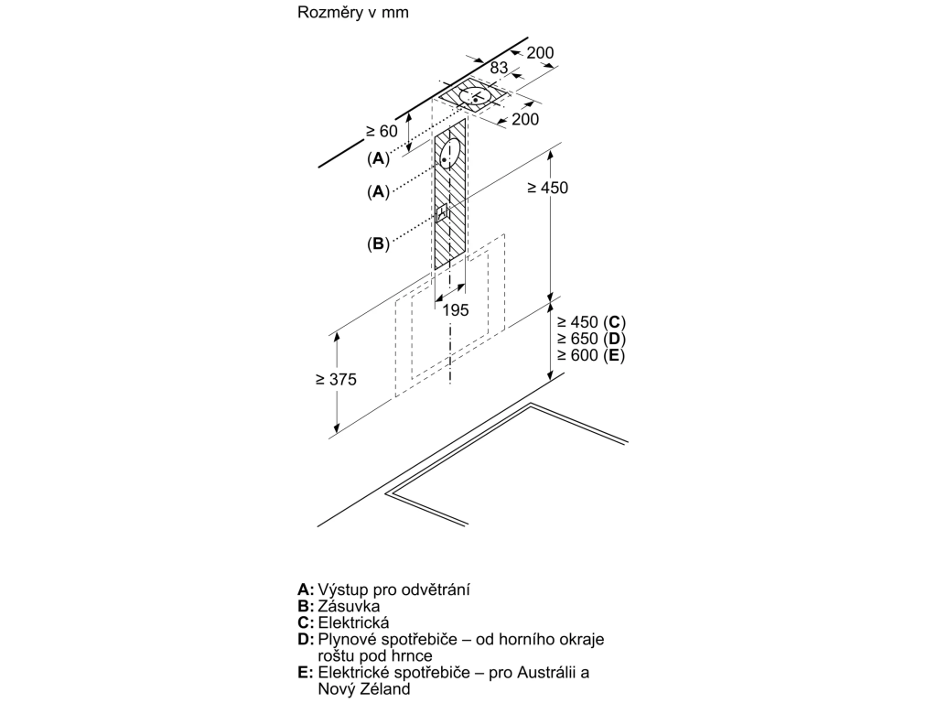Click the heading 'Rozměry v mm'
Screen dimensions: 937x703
pos(352,13)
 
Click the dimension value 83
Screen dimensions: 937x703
pos(499,68)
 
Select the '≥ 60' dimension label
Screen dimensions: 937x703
pos(382,131)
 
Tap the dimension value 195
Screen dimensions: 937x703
pos(456,310)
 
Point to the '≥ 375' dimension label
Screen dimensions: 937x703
pos(336,380)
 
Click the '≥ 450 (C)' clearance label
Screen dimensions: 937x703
pos(591,322)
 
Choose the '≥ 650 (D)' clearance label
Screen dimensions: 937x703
pos(591,339)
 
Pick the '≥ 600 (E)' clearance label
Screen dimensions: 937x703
pos(590,356)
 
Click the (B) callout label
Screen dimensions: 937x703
pos(378,243)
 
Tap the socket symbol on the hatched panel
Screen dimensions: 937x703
pos(442,212)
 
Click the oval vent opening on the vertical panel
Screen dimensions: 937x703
pos(450,153)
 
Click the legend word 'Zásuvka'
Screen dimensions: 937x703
pos(349,606)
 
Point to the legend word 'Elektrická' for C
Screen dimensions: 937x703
pos(353,622)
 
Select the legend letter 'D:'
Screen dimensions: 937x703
pos(306,640)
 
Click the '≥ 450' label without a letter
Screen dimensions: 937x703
pos(547,188)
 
